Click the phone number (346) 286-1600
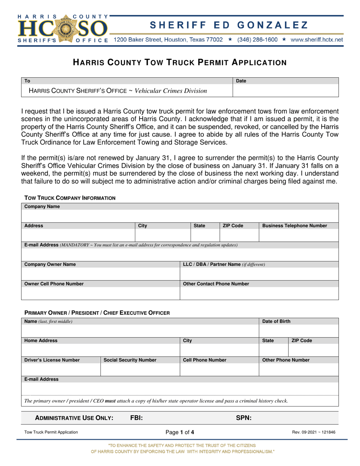pyautogui.click(x=257, y=39)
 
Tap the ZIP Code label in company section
pyautogui.click(x=233, y=226)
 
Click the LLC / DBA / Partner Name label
pyautogui.click(x=224, y=264)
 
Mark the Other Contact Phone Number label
pyautogui.click(x=216, y=283)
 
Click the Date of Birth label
pyautogui.click(x=277, y=322)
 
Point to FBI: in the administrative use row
pyautogui.click(x=136, y=418)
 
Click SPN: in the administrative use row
pyautogui.click(x=244, y=418)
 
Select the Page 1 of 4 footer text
pyautogui.click(x=180, y=432)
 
